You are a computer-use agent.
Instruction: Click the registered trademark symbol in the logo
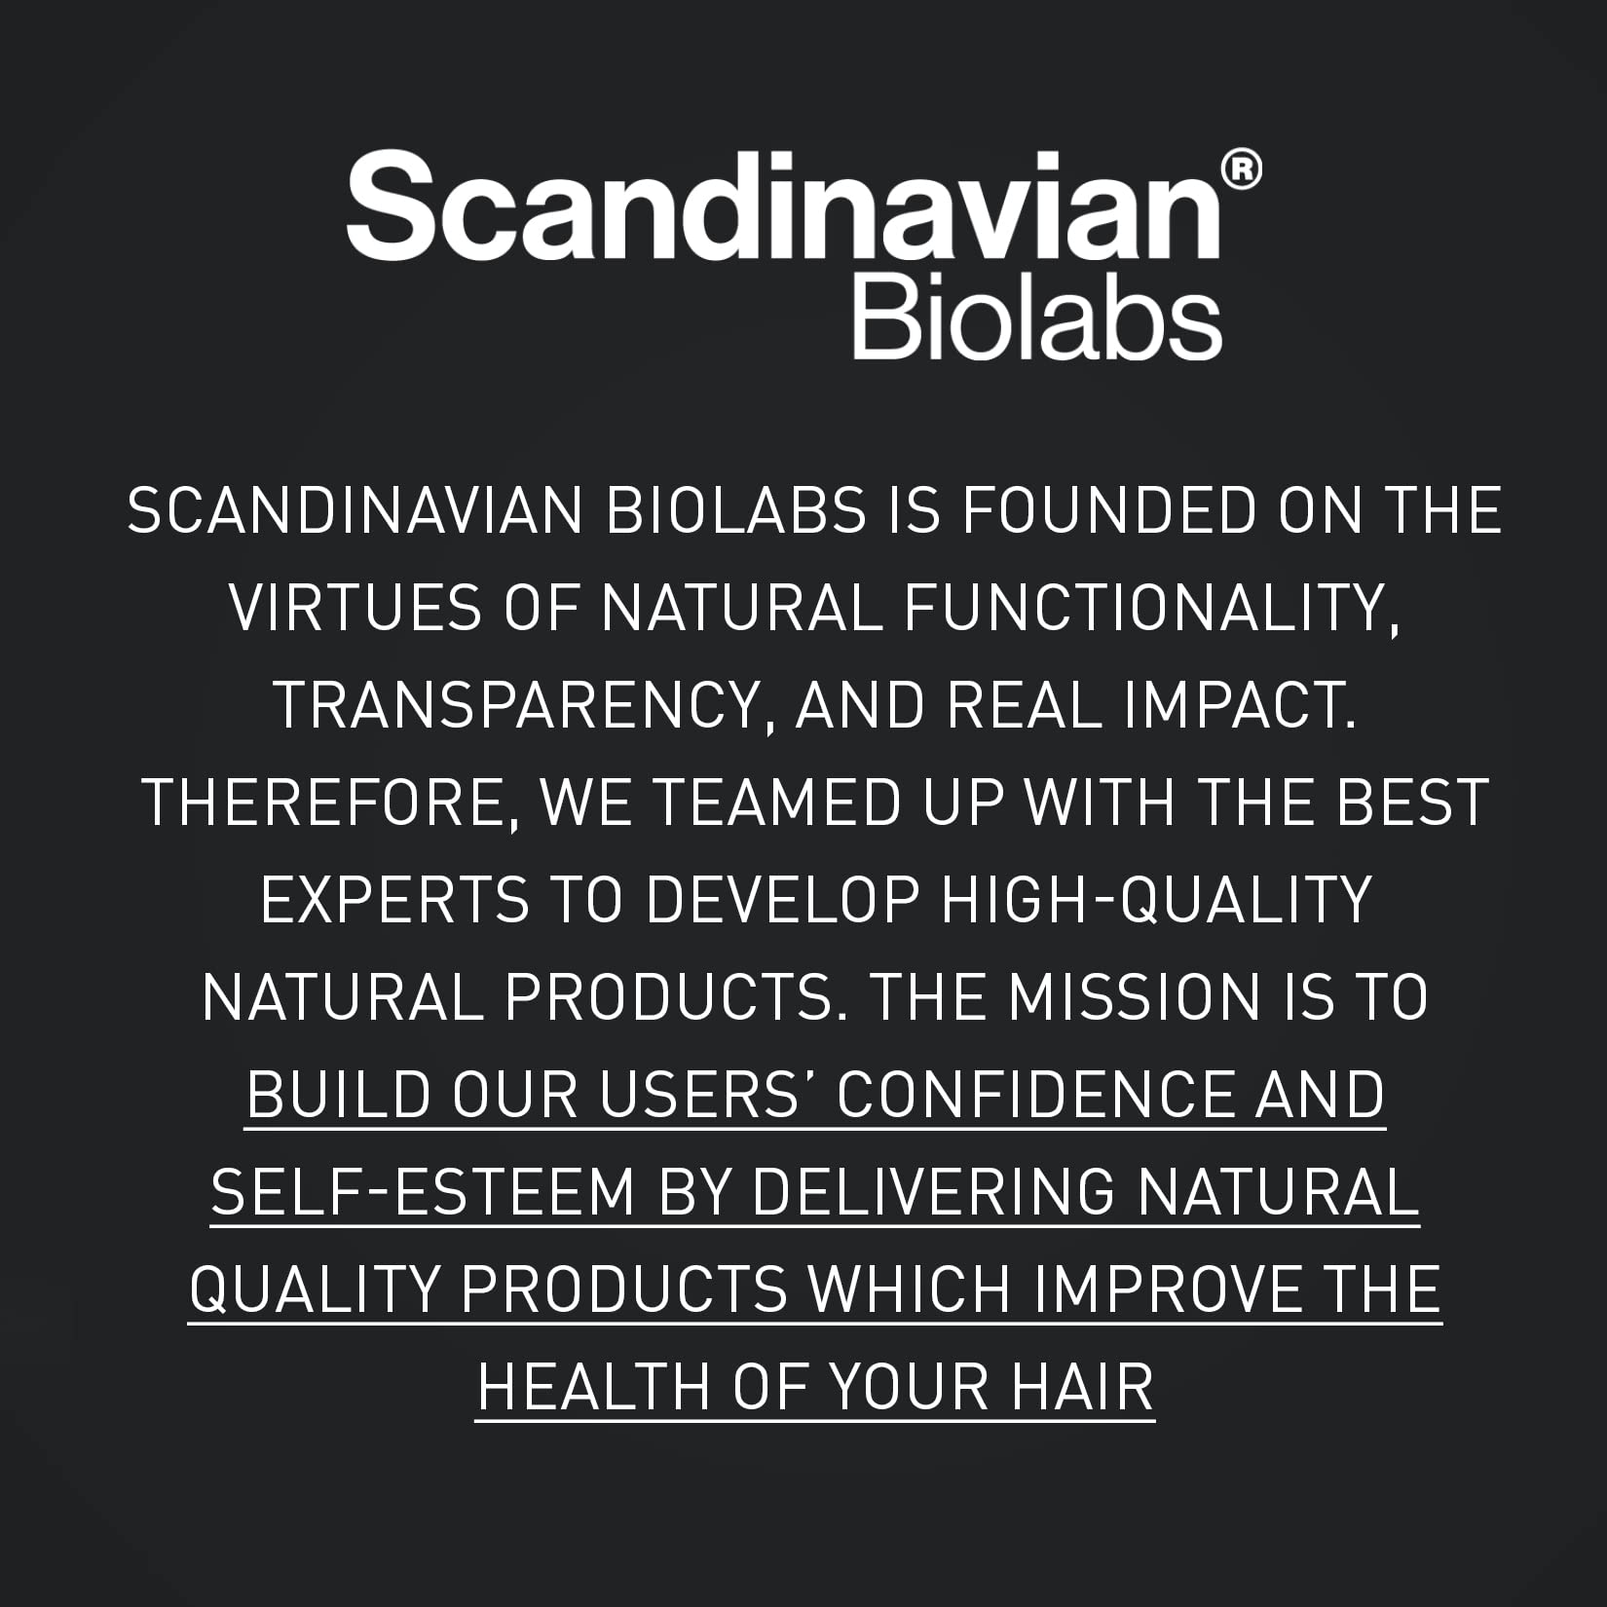coord(1240,169)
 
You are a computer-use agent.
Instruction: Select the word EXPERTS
coord(394,900)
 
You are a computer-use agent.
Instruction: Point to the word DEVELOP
coord(782,900)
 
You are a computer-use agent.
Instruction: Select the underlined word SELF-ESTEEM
coord(423,1192)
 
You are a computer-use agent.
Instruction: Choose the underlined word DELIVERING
coord(933,1192)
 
